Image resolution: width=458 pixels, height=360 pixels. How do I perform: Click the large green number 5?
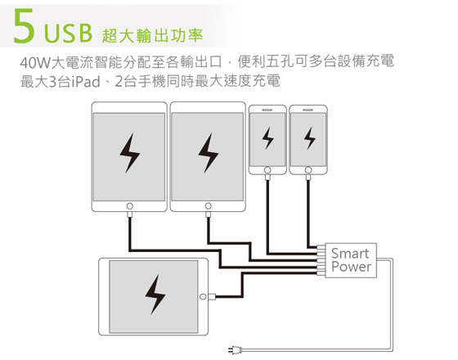click(25, 26)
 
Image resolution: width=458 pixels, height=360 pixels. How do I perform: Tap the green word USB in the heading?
click(69, 34)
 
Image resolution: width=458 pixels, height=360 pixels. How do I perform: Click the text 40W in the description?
click(35, 62)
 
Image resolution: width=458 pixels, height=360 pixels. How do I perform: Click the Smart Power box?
click(351, 260)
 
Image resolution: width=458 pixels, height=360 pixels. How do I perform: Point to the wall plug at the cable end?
click(236, 349)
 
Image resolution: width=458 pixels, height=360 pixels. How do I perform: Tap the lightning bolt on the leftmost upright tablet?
click(130, 153)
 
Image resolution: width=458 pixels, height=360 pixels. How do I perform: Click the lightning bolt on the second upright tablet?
click(208, 153)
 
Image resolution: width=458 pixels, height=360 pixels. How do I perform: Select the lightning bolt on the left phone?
click(268, 138)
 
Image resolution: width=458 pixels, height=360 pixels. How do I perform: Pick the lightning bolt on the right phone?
click(310, 138)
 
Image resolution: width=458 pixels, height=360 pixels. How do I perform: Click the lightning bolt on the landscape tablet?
click(155, 295)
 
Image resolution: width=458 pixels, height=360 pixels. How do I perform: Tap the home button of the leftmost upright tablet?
click(130, 206)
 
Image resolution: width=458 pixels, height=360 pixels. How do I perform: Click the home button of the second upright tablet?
click(209, 206)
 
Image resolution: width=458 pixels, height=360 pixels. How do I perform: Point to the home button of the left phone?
click(267, 170)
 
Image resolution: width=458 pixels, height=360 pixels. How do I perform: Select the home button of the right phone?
click(308, 170)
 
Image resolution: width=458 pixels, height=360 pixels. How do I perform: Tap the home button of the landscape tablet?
click(203, 297)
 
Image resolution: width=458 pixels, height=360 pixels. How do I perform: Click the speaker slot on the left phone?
click(267, 110)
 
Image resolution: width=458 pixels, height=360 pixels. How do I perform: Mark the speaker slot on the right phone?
click(308, 110)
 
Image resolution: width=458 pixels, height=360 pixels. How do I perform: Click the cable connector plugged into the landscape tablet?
click(212, 297)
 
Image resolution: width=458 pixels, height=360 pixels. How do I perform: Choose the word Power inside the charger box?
click(352, 267)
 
